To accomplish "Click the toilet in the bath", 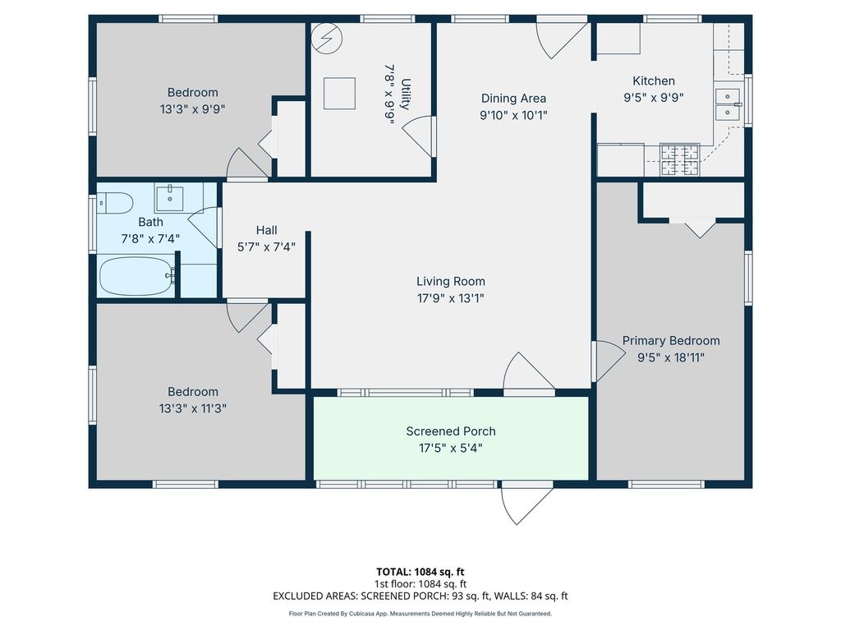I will click(x=114, y=203).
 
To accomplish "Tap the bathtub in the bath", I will click(x=136, y=276).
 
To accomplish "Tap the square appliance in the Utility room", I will click(x=338, y=93).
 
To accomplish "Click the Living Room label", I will click(x=450, y=282).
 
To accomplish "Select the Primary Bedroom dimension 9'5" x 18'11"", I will click(x=670, y=357).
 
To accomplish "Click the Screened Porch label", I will click(x=451, y=431).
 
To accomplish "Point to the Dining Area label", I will click(x=513, y=99).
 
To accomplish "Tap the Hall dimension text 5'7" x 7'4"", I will click(x=266, y=246).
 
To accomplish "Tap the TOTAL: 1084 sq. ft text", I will click(x=420, y=571).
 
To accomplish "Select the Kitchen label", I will click(x=653, y=81).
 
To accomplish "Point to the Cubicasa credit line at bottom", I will click(x=420, y=613).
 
